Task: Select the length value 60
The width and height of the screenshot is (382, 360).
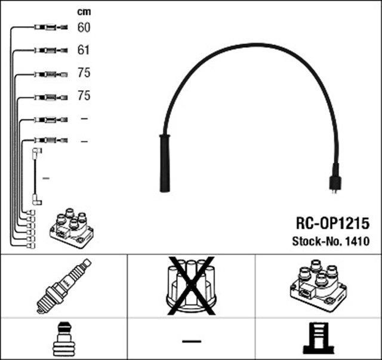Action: pos(84,27)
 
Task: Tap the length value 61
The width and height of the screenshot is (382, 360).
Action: pos(84,50)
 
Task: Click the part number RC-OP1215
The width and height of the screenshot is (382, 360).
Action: pos(332,223)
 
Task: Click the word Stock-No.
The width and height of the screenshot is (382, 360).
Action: pos(315,242)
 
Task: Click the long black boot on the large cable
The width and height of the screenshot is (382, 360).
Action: pos(163,162)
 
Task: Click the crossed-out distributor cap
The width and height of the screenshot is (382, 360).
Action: pos(190,285)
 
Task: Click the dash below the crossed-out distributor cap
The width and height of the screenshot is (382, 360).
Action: pos(190,341)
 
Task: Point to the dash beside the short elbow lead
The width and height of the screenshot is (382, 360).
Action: pos(46,178)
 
